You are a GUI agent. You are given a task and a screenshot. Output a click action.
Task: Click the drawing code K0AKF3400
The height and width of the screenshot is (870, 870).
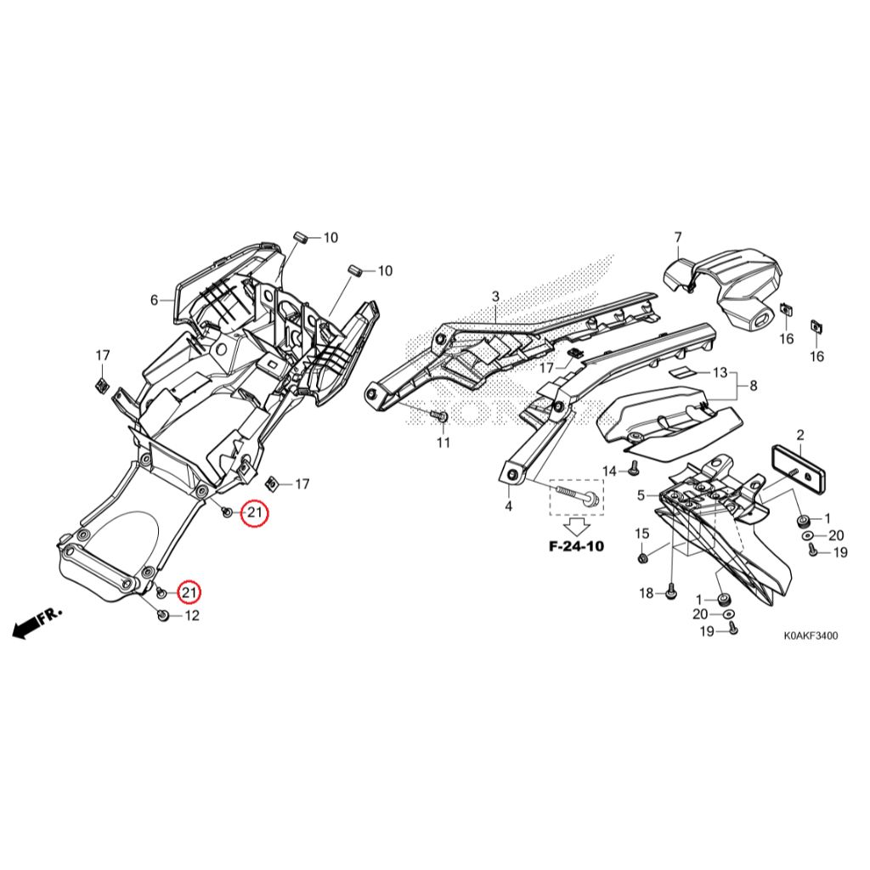coord(811,636)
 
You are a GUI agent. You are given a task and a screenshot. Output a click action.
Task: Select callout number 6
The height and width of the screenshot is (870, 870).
coord(155,300)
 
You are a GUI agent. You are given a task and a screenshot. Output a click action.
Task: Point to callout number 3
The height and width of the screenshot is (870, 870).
coord(495,296)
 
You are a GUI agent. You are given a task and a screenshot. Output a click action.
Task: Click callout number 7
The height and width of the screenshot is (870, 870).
coord(678,236)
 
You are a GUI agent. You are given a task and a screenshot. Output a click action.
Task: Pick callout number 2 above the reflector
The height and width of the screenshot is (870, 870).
coord(799,436)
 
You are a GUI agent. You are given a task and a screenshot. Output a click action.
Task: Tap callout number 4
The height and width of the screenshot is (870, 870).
coord(509,506)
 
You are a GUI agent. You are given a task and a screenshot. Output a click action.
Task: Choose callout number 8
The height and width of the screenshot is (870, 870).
coord(752,386)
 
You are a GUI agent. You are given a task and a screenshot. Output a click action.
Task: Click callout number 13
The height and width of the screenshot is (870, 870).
coord(720,372)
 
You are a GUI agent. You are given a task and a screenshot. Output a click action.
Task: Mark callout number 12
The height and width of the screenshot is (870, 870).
coord(192,615)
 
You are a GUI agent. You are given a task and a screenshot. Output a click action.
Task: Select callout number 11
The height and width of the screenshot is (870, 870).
coord(443,443)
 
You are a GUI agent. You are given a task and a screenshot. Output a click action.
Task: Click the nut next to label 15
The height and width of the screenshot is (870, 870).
coord(643,558)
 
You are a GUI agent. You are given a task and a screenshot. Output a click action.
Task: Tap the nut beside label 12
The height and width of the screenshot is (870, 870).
coord(163,615)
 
